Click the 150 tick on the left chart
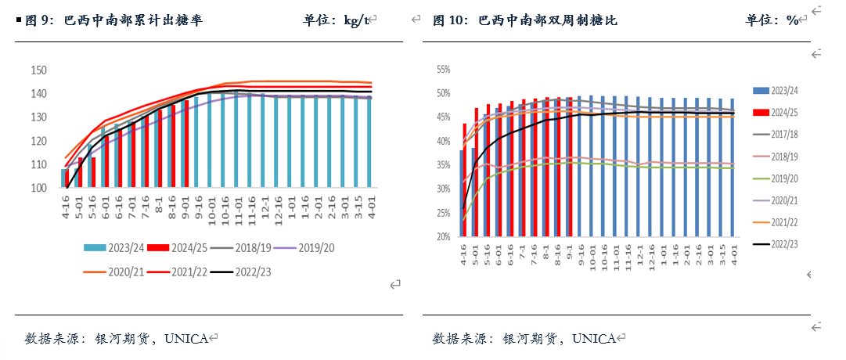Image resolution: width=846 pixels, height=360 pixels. (38, 70)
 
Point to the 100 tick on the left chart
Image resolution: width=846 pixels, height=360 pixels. (38, 189)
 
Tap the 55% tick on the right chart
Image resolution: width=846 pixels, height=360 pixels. (443, 70)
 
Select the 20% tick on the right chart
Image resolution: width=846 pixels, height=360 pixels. (443, 236)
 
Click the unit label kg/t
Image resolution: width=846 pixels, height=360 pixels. (356, 20)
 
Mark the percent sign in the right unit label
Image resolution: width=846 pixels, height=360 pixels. (793, 20)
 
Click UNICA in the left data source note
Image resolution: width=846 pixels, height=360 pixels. (187, 339)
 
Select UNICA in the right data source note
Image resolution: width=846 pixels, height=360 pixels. (594, 339)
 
